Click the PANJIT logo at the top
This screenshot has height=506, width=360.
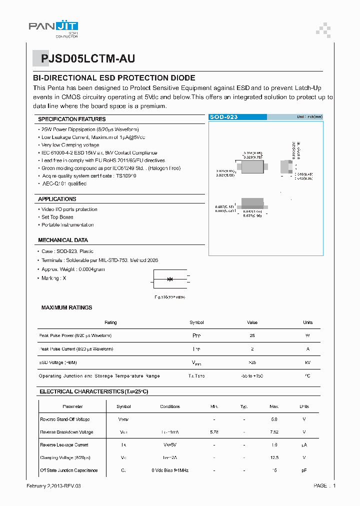point(53,28)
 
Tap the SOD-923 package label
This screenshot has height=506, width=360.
point(223,117)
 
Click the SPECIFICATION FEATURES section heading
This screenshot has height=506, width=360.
point(72,119)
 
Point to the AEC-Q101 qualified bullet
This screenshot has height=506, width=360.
point(64,183)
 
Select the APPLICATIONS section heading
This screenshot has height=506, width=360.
point(57,199)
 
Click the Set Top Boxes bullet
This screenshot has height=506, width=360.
point(57,217)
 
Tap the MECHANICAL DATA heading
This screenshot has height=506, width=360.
point(62,240)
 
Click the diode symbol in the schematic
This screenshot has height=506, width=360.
point(170,279)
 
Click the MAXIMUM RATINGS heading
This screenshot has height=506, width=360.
point(66,307)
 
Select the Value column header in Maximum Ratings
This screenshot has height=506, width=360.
point(252,322)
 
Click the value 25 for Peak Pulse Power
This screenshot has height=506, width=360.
point(252,335)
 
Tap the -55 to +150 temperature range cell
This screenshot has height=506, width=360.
point(252,375)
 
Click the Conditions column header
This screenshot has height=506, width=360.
point(169,406)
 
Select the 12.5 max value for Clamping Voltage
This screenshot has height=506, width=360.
point(273,457)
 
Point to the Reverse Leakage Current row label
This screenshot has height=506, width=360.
point(64,444)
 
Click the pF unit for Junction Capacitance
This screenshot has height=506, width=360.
point(304,470)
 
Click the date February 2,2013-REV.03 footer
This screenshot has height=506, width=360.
point(53,485)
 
